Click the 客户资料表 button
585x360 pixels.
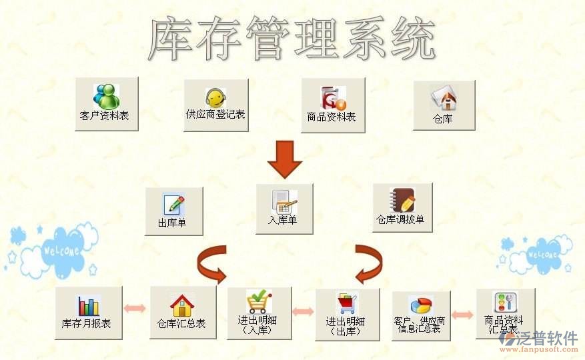click(x=106, y=103)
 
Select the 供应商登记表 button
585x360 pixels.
click(x=215, y=105)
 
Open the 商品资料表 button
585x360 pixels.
click(x=332, y=105)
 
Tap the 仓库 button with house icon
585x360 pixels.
click(x=444, y=105)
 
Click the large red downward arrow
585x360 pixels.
click(x=285, y=159)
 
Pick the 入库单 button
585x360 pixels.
click(x=284, y=208)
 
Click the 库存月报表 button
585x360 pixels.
click(x=88, y=313)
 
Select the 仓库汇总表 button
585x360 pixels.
click(x=182, y=312)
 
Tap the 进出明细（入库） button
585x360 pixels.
click(x=259, y=313)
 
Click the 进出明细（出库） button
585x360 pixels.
click(x=347, y=314)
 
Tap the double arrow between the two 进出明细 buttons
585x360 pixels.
click(x=303, y=311)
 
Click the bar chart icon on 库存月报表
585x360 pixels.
click(x=88, y=305)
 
